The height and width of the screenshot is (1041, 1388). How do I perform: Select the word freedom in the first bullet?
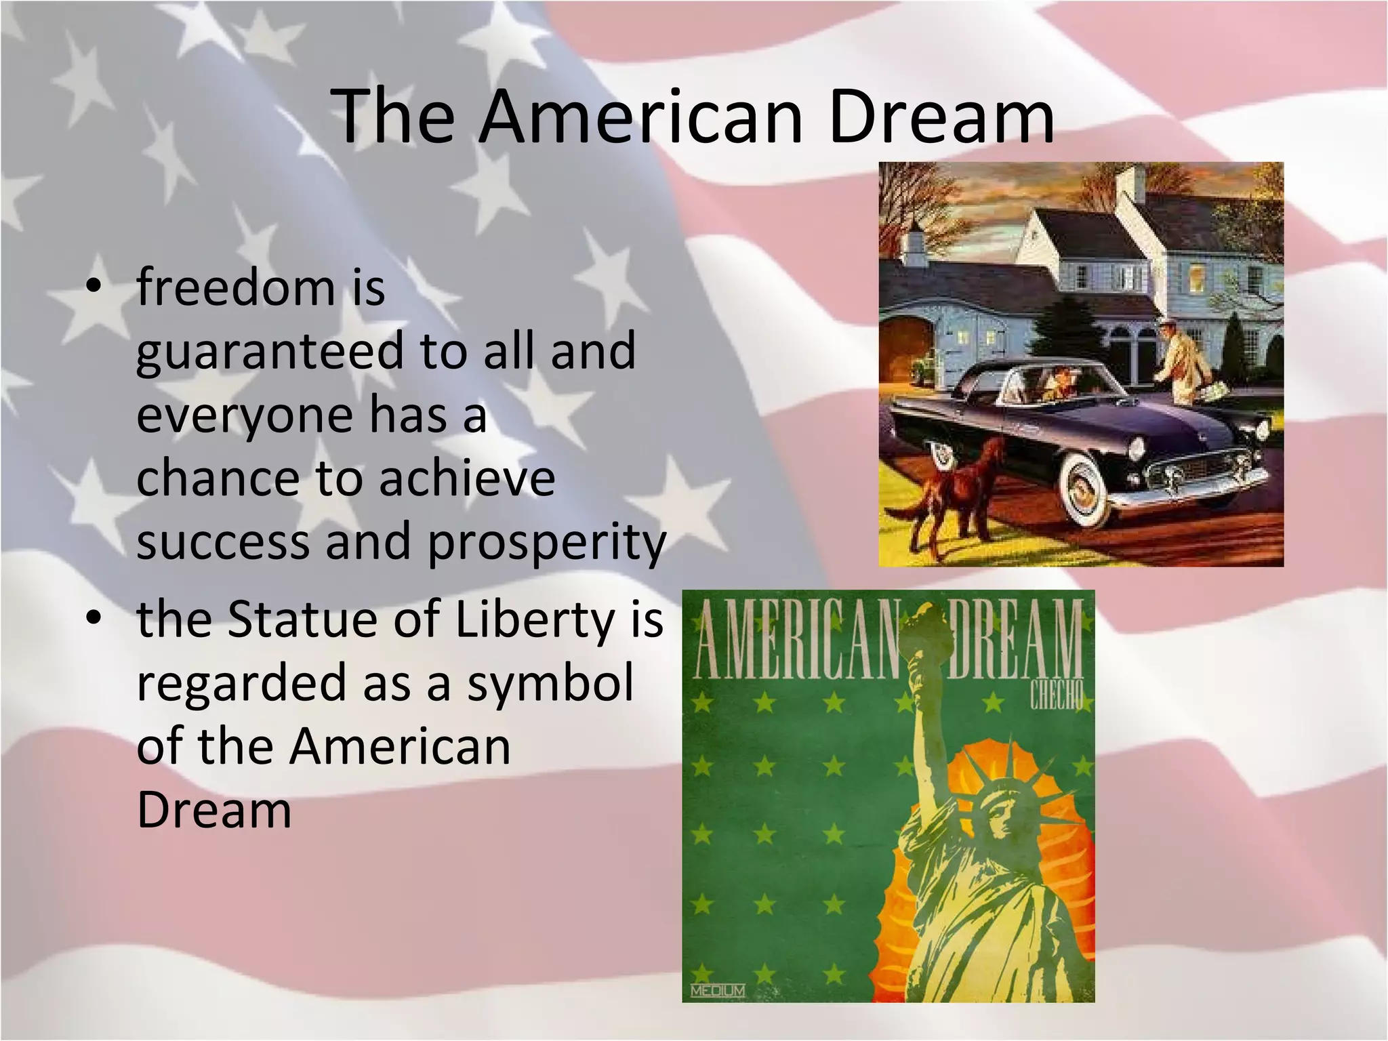pyautogui.click(x=235, y=287)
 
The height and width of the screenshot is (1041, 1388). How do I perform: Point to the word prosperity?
pyautogui.click(x=548, y=543)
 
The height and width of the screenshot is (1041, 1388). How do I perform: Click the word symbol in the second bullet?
pyautogui.click(x=550, y=682)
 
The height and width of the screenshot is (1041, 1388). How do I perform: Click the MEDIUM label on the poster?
pyautogui.click(x=718, y=991)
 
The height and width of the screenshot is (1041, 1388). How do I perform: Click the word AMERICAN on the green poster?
pyautogui.click(x=796, y=641)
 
